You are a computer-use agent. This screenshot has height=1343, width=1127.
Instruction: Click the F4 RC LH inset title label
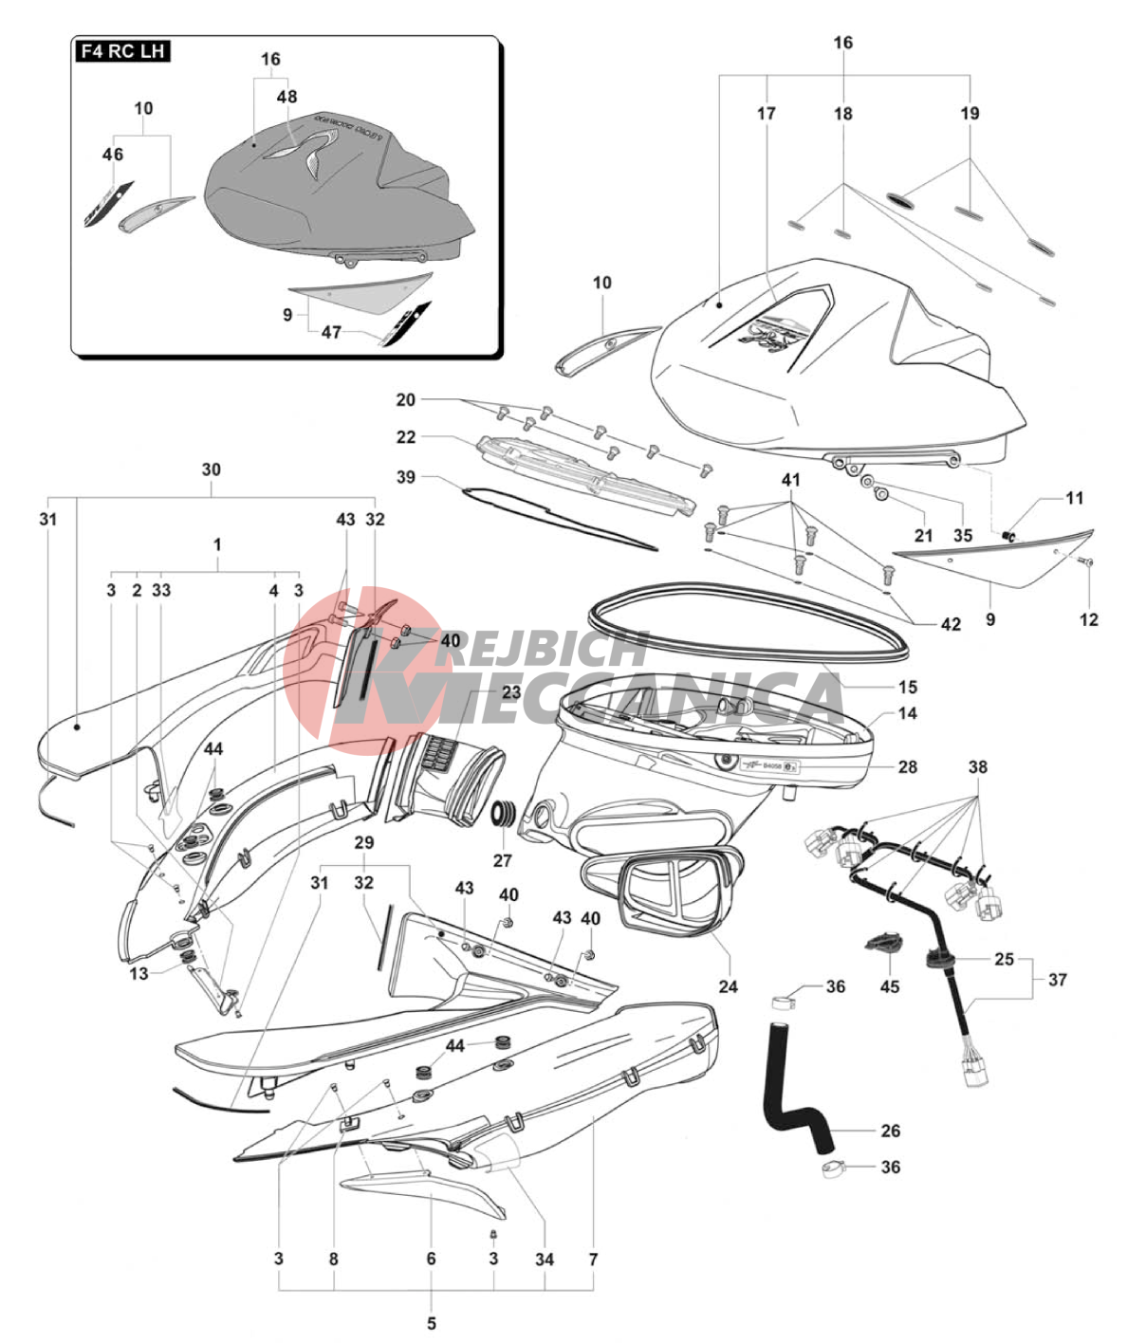point(122,51)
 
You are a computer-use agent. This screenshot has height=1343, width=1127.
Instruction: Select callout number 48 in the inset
point(286,97)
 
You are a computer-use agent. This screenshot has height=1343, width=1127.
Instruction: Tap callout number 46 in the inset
point(113,154)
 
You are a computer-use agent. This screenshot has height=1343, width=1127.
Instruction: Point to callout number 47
point(330,333)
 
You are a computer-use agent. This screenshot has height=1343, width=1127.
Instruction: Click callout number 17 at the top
point(766,114)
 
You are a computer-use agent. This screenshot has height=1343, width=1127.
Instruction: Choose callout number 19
point(970,114)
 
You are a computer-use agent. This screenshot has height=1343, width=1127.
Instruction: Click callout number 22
point(406,437)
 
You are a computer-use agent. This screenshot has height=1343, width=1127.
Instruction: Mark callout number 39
point(406,477)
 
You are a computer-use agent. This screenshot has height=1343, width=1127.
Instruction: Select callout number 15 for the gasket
point(908,687)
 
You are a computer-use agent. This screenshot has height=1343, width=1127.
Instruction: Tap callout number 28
point(908,766)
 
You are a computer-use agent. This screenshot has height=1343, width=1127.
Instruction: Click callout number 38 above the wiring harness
point(977,766)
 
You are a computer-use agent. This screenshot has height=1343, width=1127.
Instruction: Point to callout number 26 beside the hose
point(890,1131)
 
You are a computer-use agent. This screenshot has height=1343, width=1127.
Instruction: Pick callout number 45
point(889,986)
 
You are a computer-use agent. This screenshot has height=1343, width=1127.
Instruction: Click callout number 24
point(728,986)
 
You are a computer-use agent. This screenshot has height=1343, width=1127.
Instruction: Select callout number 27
point(502,860)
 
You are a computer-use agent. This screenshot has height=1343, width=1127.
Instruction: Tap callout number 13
point(139,973)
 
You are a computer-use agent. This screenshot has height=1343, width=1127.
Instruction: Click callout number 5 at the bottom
point(432,1323)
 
